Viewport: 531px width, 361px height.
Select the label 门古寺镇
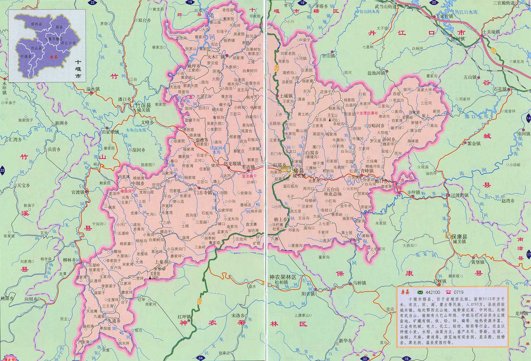(203, 193)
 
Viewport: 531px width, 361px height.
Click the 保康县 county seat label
(460, 237)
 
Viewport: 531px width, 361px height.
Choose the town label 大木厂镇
(216, 57)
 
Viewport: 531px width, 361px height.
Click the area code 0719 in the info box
(459, 292)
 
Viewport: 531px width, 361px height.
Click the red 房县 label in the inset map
(53, 57)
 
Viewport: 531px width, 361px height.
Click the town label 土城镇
(286, 96)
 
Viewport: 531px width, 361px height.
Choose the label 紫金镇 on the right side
(474, 143)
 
